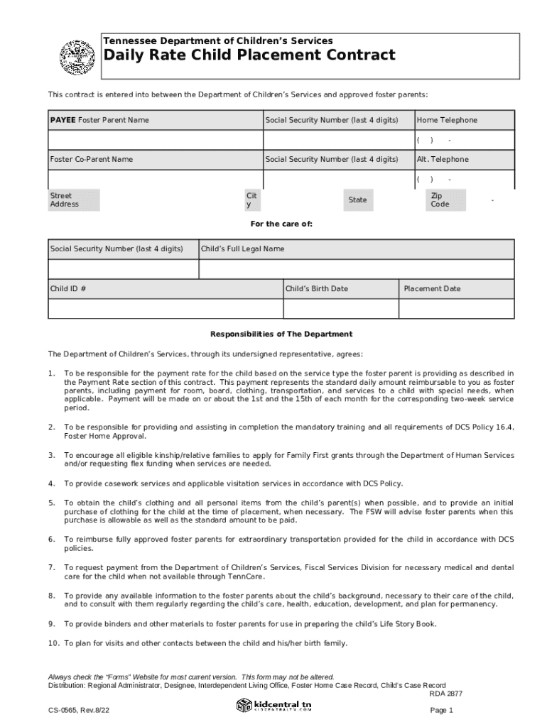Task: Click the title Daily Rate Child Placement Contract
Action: tap(249, 55)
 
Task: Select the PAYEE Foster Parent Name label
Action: tap(99, 120)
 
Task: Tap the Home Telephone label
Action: tap(447, 120)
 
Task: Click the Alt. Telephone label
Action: tap(443, 159)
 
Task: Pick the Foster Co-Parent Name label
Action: tap(91, 159)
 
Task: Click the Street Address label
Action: tap(65, 199)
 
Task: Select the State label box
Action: tap(357, 199)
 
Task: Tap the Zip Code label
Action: tap(440, 199)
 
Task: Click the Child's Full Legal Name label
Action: tap(243, 248)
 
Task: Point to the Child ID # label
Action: tap(69, 288)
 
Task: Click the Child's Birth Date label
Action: tap(317, 288)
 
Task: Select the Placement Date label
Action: tap(432, 288)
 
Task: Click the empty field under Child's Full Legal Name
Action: tap(356, 269)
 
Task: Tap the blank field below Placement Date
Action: tap(456, 309)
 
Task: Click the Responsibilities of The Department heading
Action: tap(281, 334)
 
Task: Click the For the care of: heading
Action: tap(281, 224)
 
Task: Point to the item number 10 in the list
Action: tap(53, 643)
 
